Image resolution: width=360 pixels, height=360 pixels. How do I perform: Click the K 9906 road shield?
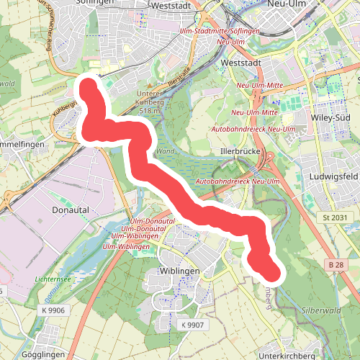[54, 310]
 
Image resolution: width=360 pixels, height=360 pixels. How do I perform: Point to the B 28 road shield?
[335, 266]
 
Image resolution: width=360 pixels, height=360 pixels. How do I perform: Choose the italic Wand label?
[164, 152]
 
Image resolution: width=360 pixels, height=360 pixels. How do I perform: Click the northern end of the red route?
[89, 85]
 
